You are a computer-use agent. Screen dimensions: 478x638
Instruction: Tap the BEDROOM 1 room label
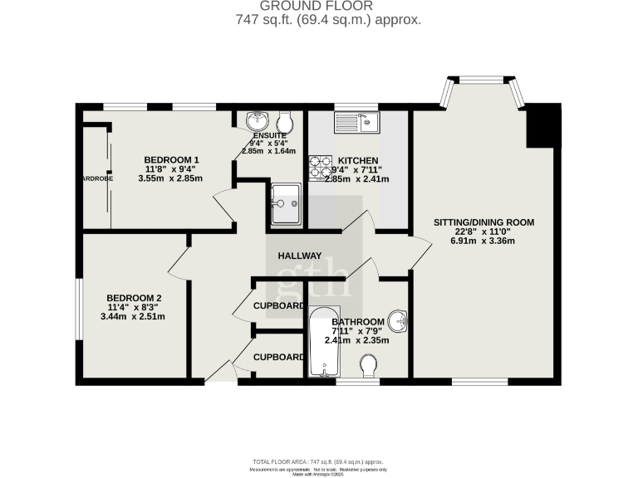point(171,160)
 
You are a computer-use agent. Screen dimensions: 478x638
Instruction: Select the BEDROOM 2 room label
point(133,299)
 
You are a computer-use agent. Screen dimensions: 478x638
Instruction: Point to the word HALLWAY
point(299,256)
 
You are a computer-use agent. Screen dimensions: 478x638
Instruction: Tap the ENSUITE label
point(270,135)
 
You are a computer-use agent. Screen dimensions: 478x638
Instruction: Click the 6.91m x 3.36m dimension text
point(483,241)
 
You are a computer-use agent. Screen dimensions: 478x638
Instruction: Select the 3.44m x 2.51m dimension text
point(133,317)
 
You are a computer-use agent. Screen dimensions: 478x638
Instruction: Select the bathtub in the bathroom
point(320,342)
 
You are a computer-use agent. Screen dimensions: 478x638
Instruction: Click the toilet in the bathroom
point(371,364)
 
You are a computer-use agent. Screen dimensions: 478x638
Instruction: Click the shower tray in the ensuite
point(285,202)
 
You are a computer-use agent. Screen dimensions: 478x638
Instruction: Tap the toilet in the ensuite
point(285,119)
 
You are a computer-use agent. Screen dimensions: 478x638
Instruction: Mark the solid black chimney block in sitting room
point(541,124)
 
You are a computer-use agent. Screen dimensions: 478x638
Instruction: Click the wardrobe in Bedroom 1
point(96,177)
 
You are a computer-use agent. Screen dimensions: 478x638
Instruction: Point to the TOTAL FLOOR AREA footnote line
point(318,461)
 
